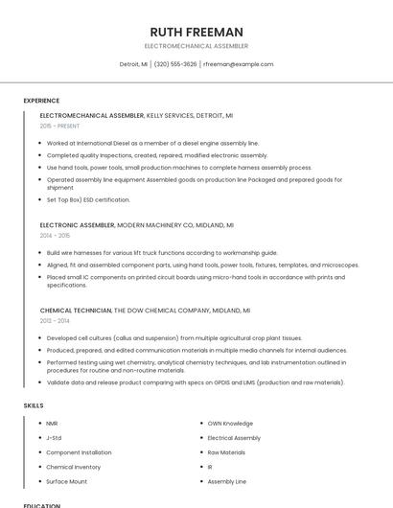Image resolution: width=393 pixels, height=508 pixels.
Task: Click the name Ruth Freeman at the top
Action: click(196, 32)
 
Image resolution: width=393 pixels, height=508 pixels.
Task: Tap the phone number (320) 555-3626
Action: click(175, 64)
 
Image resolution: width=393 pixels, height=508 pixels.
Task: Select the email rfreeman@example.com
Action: click(238, 64)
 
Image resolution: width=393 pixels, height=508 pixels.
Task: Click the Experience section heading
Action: click(41, 101)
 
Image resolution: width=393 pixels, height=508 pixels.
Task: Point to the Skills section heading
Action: click(34, 405)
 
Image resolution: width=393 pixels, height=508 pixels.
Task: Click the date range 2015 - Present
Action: click(59, 126)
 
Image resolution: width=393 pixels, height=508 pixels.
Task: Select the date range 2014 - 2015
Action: click(55, 235)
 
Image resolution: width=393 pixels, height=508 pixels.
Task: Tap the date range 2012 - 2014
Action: click(55, 321)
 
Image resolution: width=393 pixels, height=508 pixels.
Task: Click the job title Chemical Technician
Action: click(76, 311)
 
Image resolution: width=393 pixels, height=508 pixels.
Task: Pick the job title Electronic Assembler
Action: click(77, 224)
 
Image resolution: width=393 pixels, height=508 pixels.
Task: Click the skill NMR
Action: click(52, 423)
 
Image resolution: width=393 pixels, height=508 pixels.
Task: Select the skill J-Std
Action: click(54, 437)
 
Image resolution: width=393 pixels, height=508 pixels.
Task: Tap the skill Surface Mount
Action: click(66, 481)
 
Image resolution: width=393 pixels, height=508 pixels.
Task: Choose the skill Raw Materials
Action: click(226, 451)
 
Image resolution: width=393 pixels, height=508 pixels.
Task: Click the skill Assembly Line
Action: click(226, 481)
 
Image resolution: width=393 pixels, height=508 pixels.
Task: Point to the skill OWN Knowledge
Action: click(230, 423)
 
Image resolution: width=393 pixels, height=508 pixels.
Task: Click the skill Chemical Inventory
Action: click(73, 467)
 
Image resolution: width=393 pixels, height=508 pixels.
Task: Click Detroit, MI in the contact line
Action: click(133, 64)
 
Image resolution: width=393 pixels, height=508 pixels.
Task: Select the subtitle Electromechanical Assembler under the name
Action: click(196, 46)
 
